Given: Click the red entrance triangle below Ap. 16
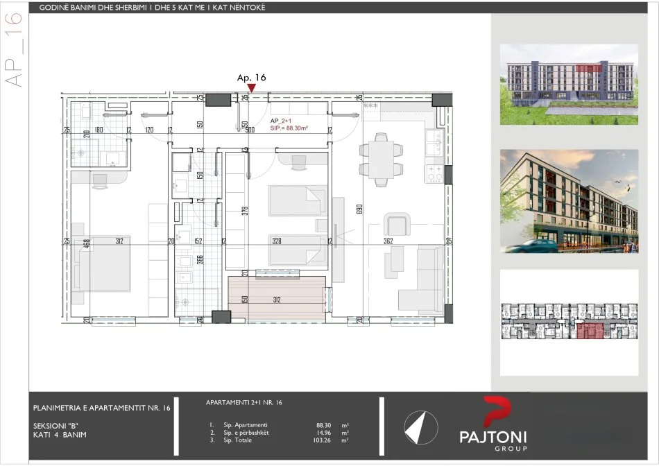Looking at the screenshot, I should coord(252,88).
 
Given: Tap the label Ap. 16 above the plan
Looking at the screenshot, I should coord(251,78).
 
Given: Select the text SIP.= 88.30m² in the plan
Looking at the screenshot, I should coord(289,128).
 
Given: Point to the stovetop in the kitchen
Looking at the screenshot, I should coord(434,173).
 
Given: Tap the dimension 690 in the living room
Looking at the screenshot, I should coord(359,208).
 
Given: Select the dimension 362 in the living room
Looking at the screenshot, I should coord(388,241).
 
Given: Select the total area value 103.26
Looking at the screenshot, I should coord(324,440).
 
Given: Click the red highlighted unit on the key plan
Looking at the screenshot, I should coord(590,331).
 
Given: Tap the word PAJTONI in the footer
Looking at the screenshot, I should coord(493,437).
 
